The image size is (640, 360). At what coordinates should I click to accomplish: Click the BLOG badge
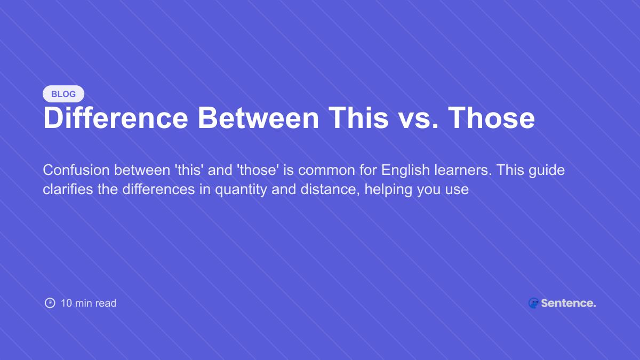pos(63,94)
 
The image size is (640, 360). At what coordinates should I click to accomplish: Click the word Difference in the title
pos(116,118)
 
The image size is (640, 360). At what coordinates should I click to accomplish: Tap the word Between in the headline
pos(258,118)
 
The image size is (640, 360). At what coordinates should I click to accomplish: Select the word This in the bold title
pos(358,118)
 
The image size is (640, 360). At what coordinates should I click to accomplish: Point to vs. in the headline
pos(419,121)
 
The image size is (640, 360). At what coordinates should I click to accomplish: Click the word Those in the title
pos(491,118)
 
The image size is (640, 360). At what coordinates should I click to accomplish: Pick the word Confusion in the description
pos(76,170)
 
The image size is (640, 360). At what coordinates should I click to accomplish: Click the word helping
pos(388,190)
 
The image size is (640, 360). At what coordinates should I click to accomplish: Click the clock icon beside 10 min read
pos(50,303)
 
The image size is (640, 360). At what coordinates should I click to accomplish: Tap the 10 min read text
pos(89,303)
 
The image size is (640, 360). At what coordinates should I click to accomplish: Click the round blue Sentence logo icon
pos(533,303)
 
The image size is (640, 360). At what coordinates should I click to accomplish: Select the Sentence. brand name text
pos(569,303)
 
